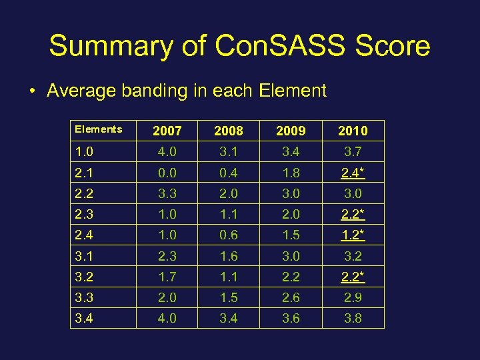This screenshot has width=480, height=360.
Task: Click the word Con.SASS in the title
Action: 279,46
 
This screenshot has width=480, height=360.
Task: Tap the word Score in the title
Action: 393,46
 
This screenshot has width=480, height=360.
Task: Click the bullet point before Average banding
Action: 32,91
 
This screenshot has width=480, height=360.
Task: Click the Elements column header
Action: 98,129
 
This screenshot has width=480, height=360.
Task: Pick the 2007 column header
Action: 167,131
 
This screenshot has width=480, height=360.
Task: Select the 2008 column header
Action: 229,131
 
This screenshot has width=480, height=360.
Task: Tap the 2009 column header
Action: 291,131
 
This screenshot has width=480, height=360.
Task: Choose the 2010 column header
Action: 353,131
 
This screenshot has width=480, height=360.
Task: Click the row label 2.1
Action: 84,173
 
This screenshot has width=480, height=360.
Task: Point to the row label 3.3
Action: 84,297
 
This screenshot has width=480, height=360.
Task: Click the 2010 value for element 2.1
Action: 353,173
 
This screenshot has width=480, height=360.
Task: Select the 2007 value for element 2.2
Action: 167,193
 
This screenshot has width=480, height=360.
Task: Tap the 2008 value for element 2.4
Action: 229,235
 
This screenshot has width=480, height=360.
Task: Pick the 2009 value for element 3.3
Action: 291,297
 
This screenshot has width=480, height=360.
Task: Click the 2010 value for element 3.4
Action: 353,318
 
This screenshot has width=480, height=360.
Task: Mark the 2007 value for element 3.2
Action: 167,277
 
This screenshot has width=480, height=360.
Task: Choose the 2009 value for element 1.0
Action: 291,152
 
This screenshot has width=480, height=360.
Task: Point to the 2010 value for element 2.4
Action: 353,235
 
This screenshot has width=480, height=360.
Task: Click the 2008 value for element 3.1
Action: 229,256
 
